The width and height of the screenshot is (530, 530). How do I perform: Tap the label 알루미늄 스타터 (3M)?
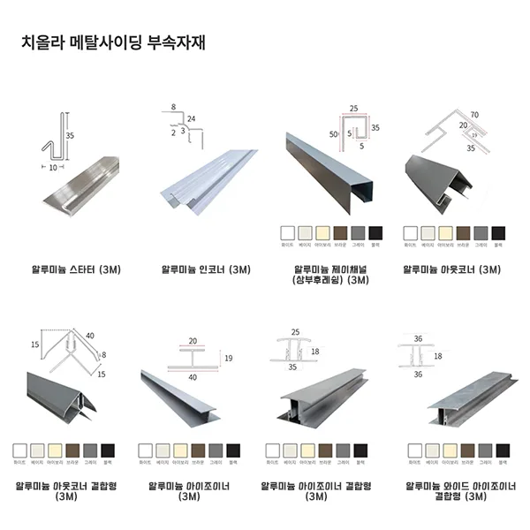(69, 269)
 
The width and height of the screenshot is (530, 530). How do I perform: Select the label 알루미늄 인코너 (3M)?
(200, 269)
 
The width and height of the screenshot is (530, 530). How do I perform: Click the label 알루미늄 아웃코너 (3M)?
(451, 269)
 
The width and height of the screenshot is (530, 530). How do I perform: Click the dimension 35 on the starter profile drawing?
(70, 136)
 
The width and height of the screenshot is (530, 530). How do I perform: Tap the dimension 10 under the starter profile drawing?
(53, 165)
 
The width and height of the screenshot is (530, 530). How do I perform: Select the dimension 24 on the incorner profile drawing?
(191, 117)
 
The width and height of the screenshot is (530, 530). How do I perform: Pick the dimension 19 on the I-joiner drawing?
(228, 358)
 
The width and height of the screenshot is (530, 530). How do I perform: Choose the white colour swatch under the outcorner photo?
(411, 233)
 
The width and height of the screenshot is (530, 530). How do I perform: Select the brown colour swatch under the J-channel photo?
(340, 233)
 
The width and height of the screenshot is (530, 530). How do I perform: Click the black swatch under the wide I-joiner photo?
(502, 450)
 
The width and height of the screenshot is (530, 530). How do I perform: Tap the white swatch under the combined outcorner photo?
(19, 450)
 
